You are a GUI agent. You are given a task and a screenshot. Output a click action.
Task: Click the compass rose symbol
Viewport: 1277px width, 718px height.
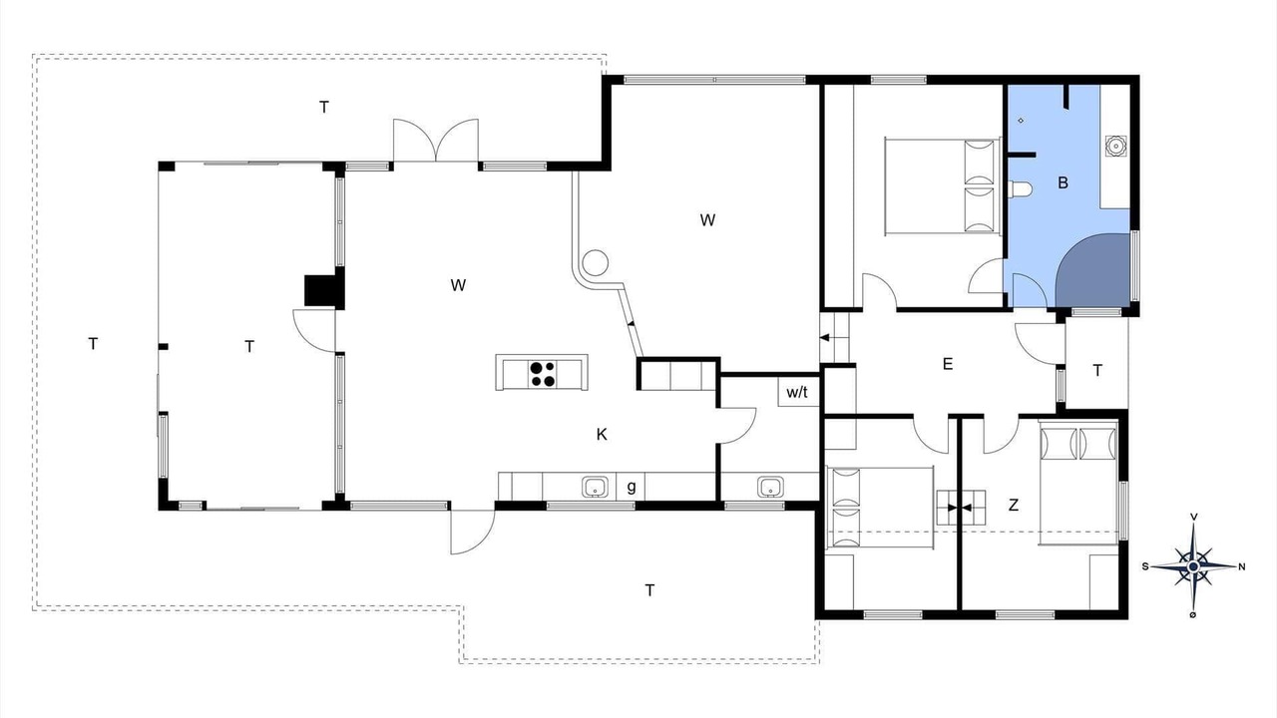point(1193,566)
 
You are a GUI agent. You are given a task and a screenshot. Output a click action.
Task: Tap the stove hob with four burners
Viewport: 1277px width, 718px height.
point(542,374)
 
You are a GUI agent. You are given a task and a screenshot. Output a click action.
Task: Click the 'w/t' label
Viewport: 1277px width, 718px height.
point(797,392)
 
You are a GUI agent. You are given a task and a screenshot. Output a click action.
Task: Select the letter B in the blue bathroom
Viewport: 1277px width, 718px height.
point(1063,182)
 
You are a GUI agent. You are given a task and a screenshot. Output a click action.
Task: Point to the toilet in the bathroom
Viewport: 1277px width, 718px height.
point(1018,189)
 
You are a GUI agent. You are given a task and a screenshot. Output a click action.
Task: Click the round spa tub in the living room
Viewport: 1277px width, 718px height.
point(596,262)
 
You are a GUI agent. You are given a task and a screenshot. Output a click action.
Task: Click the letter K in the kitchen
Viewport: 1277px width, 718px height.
point(602,435)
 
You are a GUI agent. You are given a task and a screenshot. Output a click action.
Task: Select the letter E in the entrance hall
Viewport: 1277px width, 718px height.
point(948,364)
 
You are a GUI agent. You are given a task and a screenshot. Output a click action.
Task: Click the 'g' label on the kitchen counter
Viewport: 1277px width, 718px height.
point(632,487)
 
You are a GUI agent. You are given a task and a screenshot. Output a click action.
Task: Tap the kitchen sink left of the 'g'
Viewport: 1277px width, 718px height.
point(596,488)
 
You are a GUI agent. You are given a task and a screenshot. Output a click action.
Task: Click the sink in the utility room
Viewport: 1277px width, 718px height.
point(770,488)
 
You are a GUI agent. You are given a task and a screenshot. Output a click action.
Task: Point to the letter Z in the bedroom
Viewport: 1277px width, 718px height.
point(1013,505)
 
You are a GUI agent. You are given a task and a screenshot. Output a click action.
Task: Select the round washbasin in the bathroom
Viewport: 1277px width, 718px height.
point(1115,146)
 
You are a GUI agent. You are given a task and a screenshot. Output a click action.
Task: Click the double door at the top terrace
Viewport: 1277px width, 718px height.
point(436,141)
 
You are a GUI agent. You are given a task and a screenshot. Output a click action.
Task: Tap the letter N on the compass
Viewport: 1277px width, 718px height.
point(1242,567)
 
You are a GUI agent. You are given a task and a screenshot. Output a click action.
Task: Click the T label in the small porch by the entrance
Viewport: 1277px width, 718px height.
point(1097,371)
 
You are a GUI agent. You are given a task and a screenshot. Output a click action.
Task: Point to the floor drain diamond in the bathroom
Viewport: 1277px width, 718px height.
point(1021,121)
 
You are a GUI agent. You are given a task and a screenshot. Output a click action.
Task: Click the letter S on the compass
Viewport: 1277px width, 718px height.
point(1145,567)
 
